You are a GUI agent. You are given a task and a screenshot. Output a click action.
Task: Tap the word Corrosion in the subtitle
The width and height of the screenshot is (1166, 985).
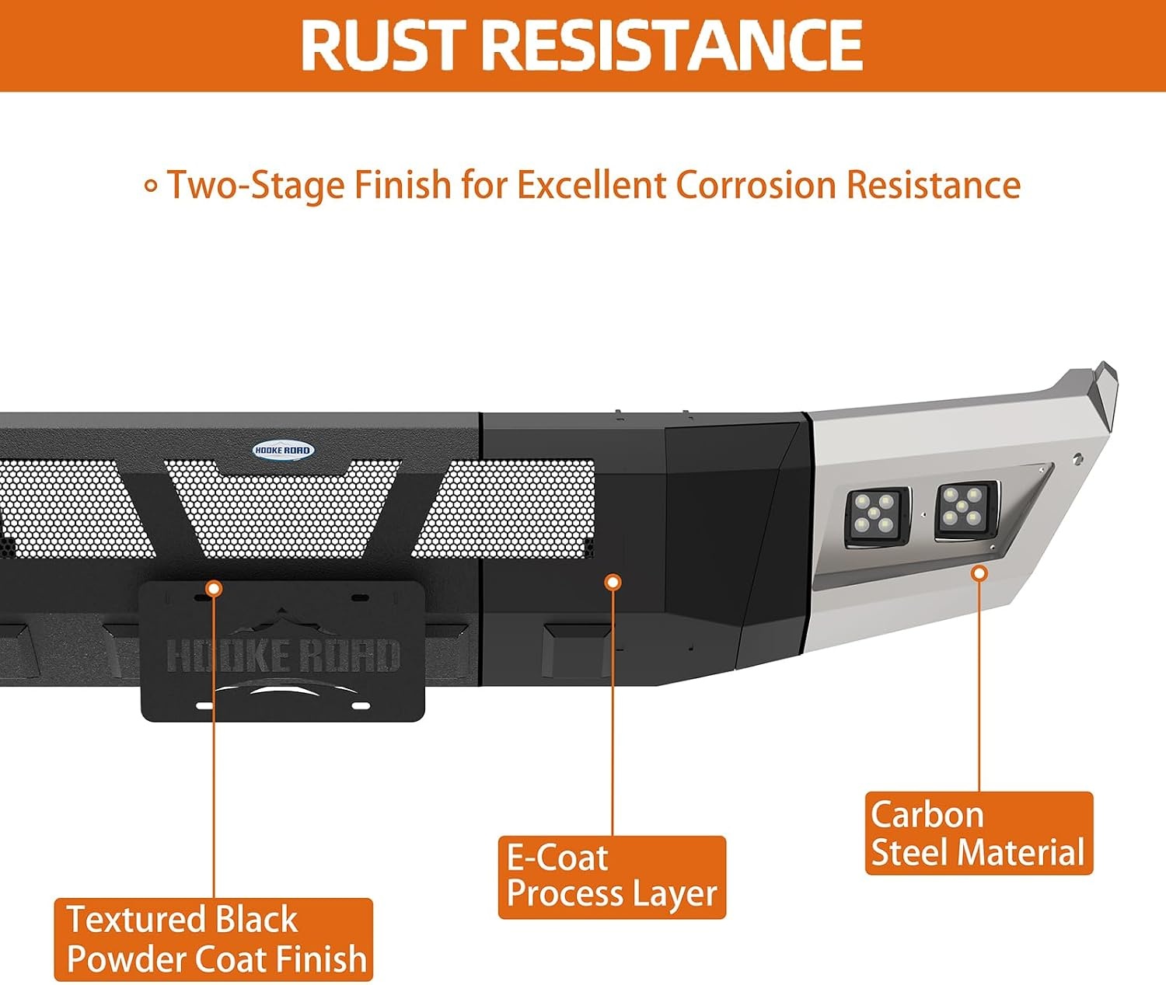point(756,184)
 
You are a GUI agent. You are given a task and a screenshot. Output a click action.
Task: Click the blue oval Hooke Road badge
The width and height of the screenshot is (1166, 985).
point(283,449)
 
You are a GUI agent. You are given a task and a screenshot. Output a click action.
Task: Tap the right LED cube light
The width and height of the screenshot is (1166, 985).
point(965,509)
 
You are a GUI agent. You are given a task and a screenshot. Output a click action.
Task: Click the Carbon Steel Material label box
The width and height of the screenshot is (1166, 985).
point(979,834)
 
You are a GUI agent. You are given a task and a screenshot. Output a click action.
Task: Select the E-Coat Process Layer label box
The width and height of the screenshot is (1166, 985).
point(612,877)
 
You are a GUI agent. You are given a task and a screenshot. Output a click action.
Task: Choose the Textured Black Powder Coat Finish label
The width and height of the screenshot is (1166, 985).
point(214,939)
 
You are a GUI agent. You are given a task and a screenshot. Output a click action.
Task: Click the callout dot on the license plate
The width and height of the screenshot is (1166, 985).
point(214,589)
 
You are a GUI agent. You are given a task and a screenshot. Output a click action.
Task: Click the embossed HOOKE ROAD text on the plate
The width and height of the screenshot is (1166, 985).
point(283,655)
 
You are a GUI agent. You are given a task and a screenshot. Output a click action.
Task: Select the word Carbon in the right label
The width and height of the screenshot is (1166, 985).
point(927,815)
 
